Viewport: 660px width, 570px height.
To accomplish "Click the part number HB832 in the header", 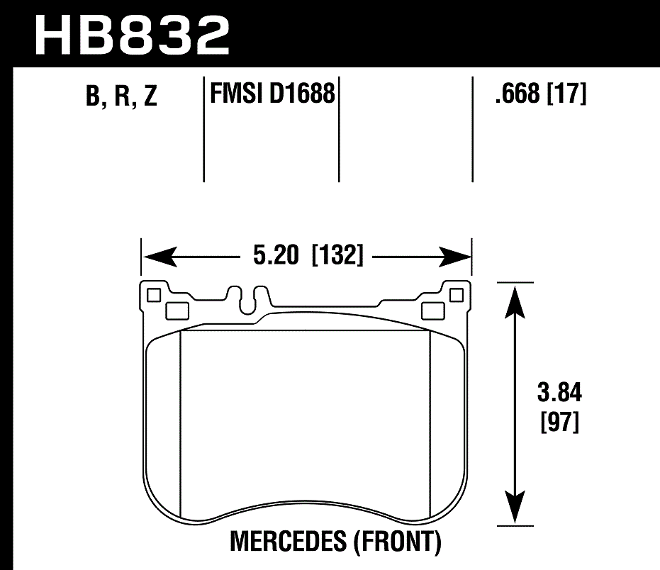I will tap(133, 33).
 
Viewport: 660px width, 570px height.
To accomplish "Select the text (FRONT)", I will tap(398, 542).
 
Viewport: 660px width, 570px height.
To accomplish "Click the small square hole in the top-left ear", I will tap(152, 294).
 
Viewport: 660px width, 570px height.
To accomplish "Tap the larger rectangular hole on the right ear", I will tap(431, 311).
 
